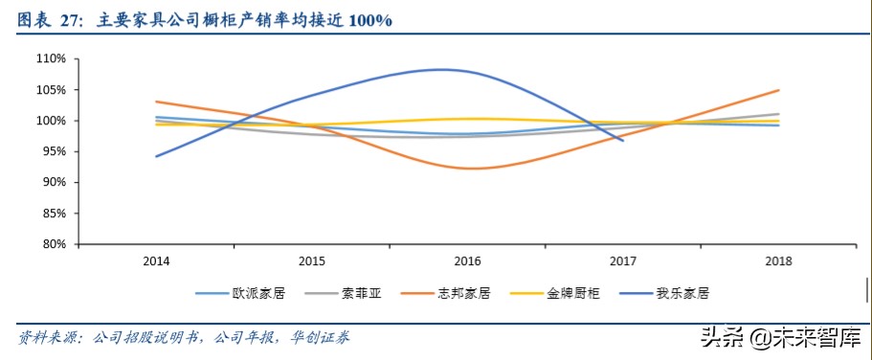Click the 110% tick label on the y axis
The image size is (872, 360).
(51, 59)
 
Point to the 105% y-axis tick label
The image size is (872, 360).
(51, 90)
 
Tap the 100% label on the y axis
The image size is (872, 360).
(51, 121)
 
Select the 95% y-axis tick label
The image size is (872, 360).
(54, 151)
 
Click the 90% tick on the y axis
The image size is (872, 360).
(54, 182)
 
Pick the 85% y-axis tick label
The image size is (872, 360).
(54, 214)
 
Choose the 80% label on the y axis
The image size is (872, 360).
(54, 244)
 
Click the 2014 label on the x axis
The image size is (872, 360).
(156, 260)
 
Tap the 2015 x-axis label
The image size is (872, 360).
(311, 260)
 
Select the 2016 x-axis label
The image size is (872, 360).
(467, 260)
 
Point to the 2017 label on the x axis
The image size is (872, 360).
(623, 260)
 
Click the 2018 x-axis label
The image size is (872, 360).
(778, 260)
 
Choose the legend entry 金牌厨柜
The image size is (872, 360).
(573, 294)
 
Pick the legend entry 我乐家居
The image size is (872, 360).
(682, 294)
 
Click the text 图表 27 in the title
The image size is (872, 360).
(48, 20)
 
